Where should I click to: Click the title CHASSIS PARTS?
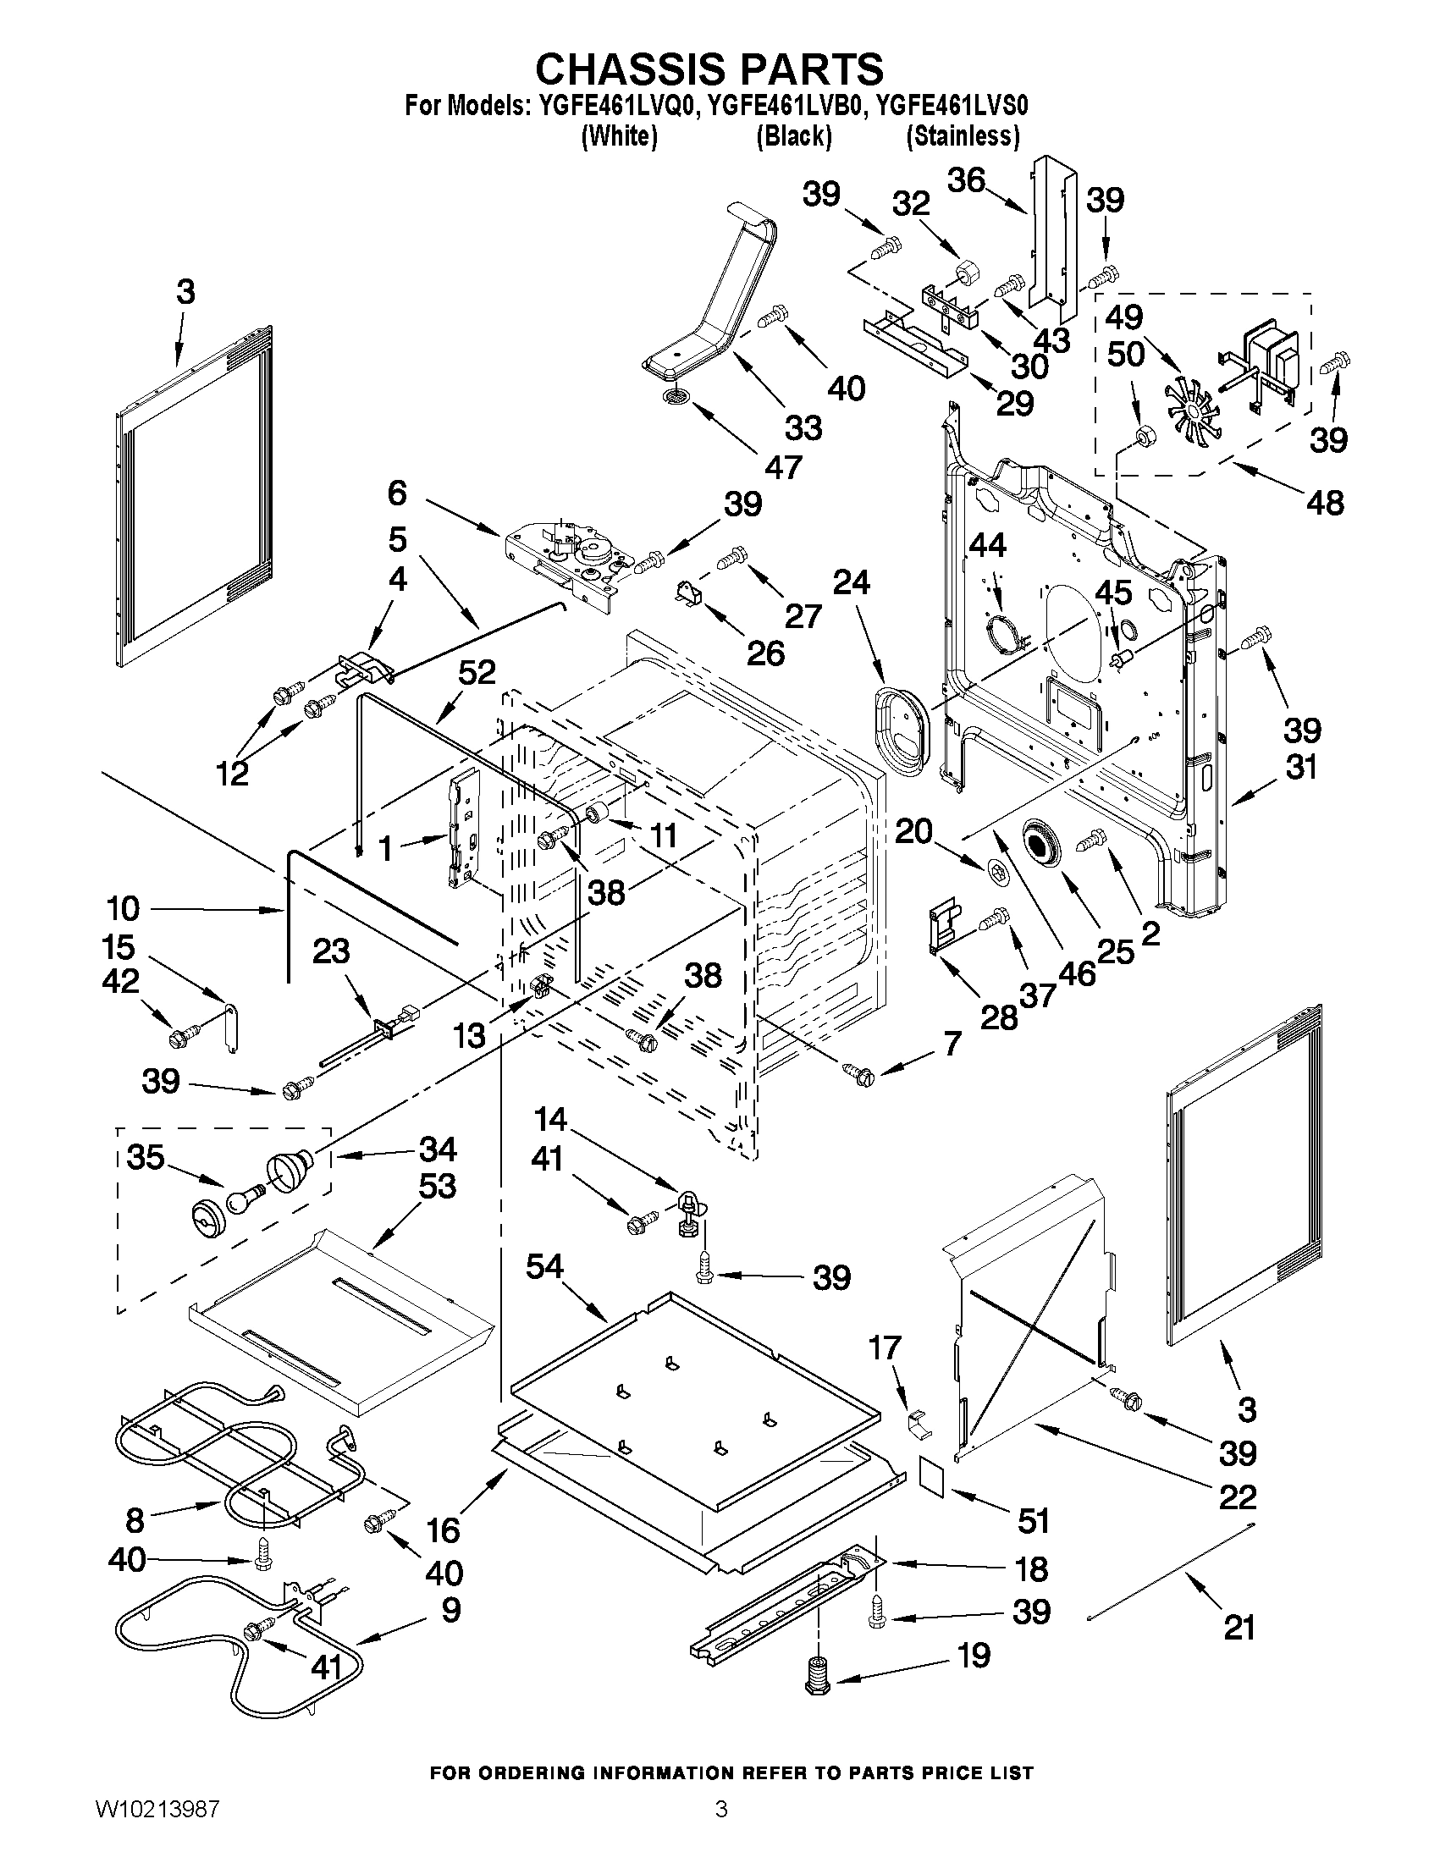coord(708,69)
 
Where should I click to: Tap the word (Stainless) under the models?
coord(963,136)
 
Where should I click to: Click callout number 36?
coord(967,180)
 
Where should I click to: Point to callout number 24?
coord(851,581)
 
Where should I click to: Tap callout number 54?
coord(544,1290)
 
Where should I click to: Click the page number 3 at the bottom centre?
coord(721,1831)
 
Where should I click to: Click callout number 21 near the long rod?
coord(1239,1628)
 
